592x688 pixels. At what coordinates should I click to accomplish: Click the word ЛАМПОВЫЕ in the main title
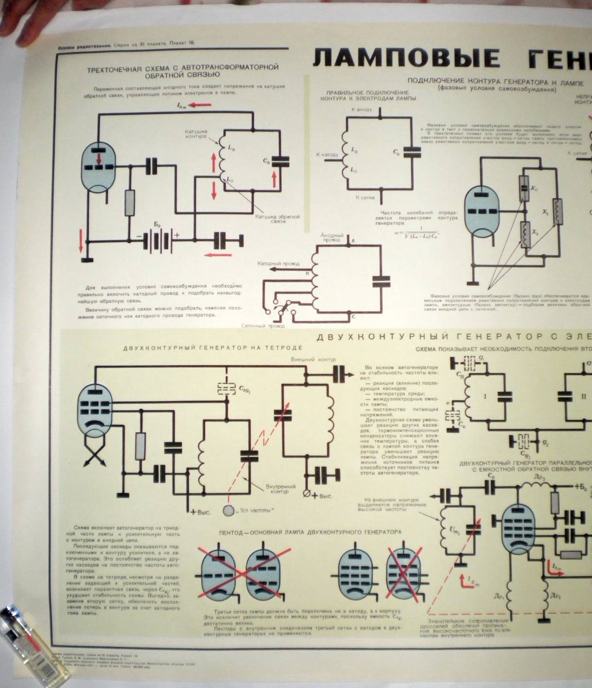pyautogui.click(x=406, y=59)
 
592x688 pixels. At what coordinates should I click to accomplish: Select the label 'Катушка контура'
pyautogui.click(x=196, y=134)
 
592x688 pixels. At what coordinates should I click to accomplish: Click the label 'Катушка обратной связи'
pyautogui.click(x=277, y=219)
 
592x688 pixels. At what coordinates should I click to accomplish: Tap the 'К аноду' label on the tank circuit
pyautogui.click(x=362, y=109)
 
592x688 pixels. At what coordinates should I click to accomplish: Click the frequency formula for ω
pyautogui.click(x=416, y=233)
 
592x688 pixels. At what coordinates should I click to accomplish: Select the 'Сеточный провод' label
pyautogui.click(x=263, y=326)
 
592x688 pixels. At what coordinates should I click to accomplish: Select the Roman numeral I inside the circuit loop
pyautogui.click(x=485, y=397)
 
